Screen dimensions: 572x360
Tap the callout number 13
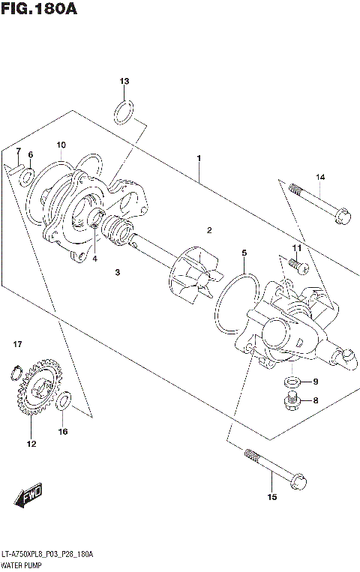pyautogui.click(x=124, y=81)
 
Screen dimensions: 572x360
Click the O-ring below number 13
pyautogui.click(x=124, y=112)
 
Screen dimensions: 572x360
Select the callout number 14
pyautogui.click(x=320, y=177)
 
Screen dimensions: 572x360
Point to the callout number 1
pyautogui.click(x=199, y=158)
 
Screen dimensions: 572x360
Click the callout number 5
pyautogui.click(x=244, y=254)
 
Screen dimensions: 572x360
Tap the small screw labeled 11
pyautogui.click(x=293, y=263)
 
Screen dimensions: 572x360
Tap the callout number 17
pyautogui.click(x=17, y=344)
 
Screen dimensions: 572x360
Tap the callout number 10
pyautogui.click(x=61, y=145)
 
